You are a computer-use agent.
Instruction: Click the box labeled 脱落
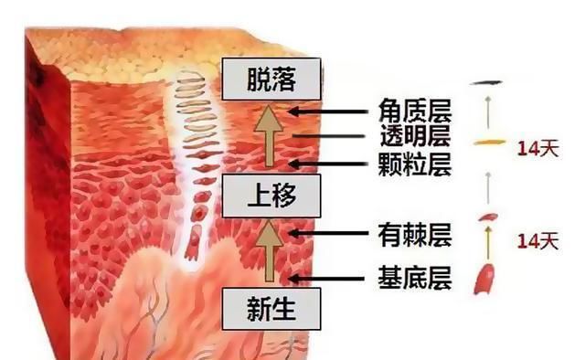pos(271,79)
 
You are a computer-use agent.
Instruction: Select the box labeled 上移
pos(271,195)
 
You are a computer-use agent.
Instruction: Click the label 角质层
pos(414,111)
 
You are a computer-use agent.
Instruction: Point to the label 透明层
pos(414,139)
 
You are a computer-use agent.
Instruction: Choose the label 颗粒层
pos(414,165)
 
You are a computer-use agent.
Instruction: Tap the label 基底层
pos(414,277)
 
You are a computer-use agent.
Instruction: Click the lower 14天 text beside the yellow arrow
pos(537,242)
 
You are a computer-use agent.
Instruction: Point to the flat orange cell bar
pos(490,143)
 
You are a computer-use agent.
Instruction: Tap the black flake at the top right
pos(488,84)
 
